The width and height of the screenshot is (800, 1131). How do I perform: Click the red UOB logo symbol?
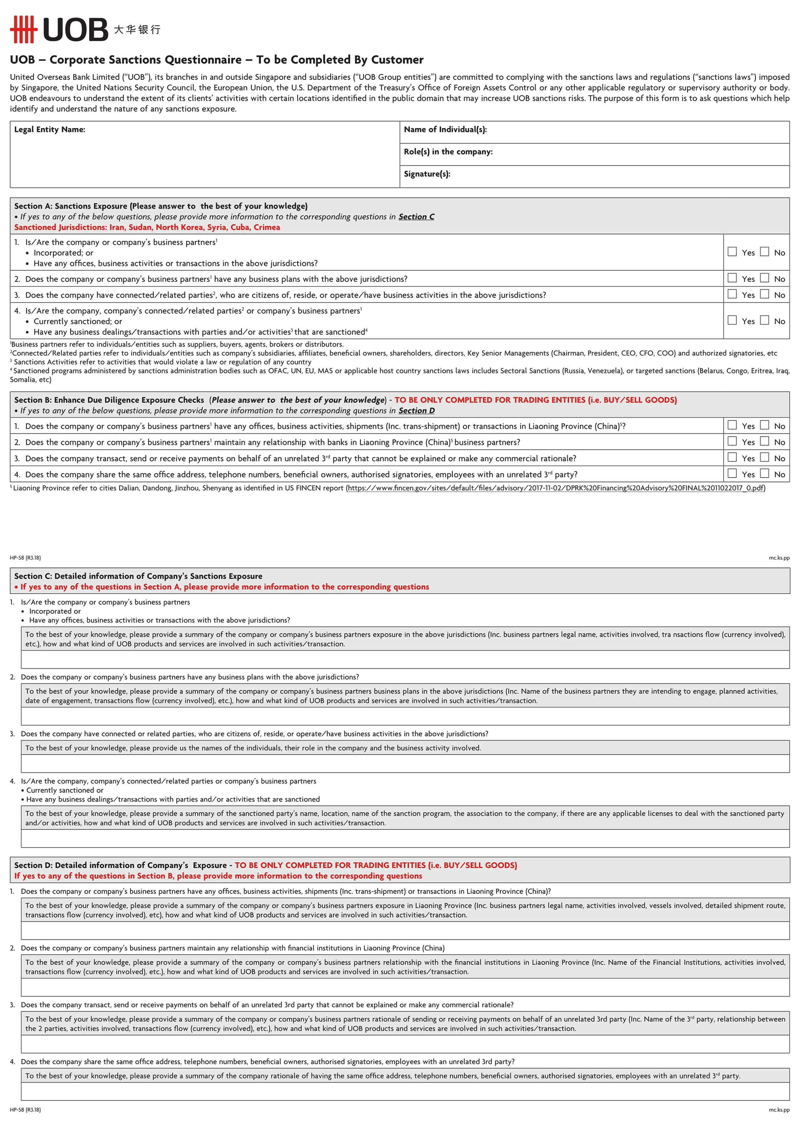click(24, 29)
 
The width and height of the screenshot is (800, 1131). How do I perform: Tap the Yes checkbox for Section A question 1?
click(732, 252)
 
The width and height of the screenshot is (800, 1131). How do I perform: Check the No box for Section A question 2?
click(764, 278)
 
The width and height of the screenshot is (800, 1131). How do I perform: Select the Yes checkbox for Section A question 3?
click(732, 294)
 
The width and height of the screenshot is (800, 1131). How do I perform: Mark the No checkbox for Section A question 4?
click(764, 320)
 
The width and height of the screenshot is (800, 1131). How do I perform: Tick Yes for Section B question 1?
click(732, 425)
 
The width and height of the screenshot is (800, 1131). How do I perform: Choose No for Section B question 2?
click(764, 441)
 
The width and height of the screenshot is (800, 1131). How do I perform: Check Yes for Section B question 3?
click(732, 458)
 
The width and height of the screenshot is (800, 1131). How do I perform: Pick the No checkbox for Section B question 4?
click(764, 473)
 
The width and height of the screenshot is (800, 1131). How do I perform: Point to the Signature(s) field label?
click(427, 174)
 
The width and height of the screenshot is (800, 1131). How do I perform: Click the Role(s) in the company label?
click(448, 152)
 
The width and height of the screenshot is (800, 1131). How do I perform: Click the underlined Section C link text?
click(416, 217)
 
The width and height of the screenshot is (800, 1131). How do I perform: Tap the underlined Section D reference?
click(416, 411)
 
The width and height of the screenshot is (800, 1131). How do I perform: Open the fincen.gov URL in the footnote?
click(556, 488)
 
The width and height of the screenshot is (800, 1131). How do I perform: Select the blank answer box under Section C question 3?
click(405, 763)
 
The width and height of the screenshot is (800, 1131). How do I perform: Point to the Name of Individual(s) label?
click(445, 130)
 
